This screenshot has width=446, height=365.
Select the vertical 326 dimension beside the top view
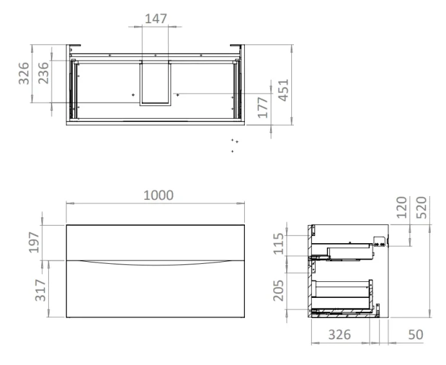click(24, 73)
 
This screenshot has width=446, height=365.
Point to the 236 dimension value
click(44, 73)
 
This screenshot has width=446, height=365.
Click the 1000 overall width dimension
click(158, 195)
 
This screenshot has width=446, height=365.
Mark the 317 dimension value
click(39, 290)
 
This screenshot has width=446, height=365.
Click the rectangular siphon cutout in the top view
click(155, 81)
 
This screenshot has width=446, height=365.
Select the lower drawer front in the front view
click(155, 293)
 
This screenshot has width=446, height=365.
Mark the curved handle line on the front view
click(155, 264)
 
